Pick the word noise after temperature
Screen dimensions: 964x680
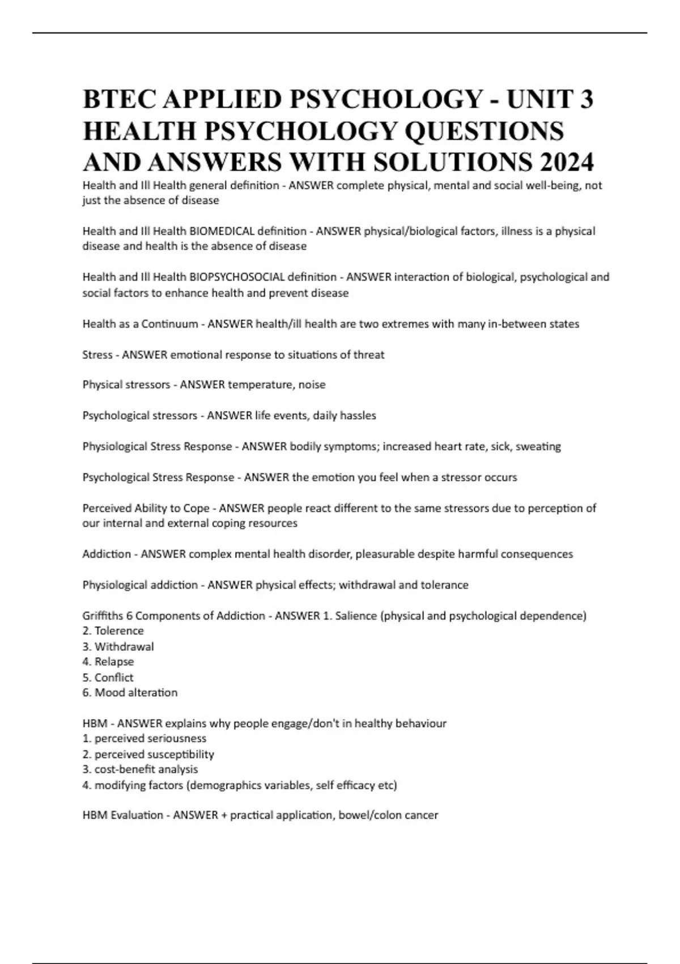coord(312,385)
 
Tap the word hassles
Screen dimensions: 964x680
coord(358,416)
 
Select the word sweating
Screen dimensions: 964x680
coord(538,446)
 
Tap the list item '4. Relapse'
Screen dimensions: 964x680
coord(108,662)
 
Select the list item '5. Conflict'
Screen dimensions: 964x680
coord(108,678)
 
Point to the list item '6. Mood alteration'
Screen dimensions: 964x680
coord(130,693)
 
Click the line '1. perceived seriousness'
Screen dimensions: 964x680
coord(144,739)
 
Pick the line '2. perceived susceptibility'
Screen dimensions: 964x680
coord(148,755)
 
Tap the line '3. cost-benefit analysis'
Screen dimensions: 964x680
coord(140,769)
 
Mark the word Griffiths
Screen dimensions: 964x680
coord(102,616)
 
